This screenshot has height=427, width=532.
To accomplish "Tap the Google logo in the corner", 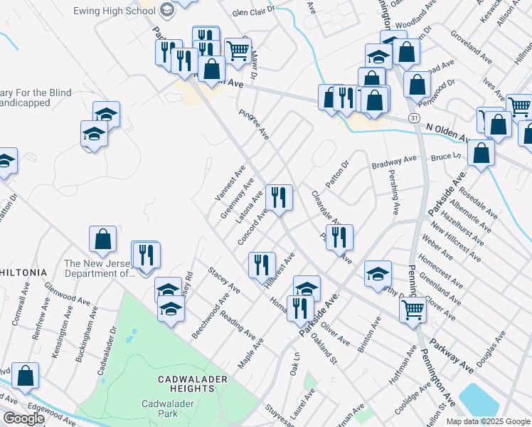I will click(x=23, y=418).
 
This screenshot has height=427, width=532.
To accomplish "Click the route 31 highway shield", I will click(x=413, y=116).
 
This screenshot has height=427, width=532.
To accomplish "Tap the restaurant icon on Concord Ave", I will click(x=279, y=196).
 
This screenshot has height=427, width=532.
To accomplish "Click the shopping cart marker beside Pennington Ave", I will click(x=413, y=310).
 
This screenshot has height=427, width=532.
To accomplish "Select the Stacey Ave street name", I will click(x=224, y=279).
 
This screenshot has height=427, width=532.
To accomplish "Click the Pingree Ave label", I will click(x=254, y=123).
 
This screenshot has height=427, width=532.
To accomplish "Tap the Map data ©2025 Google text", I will click(x=488, y=421).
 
